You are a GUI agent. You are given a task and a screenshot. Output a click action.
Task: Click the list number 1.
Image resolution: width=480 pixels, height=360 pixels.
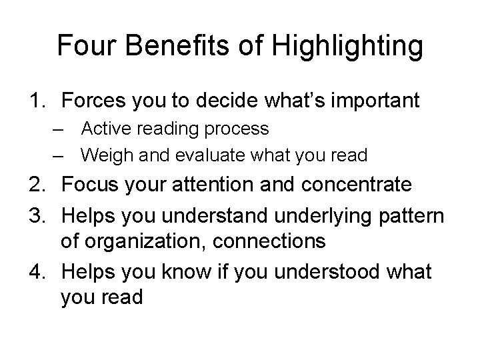pos(36,101)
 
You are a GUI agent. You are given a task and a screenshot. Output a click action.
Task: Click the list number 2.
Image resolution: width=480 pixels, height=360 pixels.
pos(36,184)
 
